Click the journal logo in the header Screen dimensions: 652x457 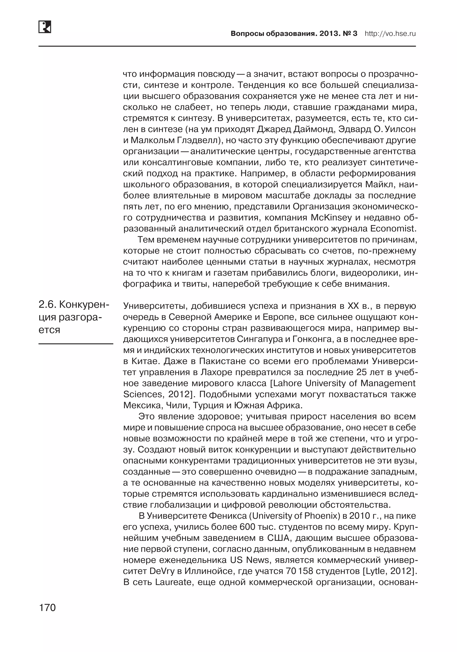[x=45, y=27]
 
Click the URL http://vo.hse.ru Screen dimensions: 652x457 [x=390, y=34]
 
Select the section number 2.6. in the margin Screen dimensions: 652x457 [x=47, y=305]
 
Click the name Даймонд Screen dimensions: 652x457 [x=311, y=129]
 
